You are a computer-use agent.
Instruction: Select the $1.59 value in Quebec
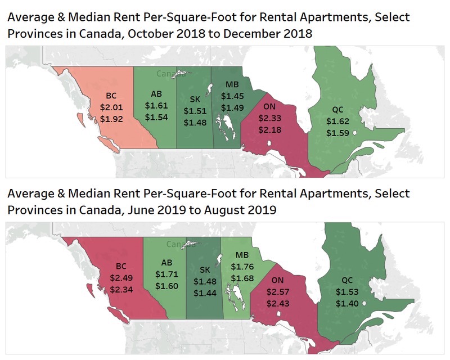pyautogui.click(x=337, y=133)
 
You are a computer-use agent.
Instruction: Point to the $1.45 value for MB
pyautogui.click(x=232, y=96)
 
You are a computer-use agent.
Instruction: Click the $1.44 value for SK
pyautogui.click(x=204, y=292)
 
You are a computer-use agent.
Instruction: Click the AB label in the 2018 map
pyautogui.click(x=157, y=94)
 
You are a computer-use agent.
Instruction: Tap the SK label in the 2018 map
pyautogui.click(x=195, y=101)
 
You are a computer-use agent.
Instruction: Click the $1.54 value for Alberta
pyautogui.click(x=156, y=117)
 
